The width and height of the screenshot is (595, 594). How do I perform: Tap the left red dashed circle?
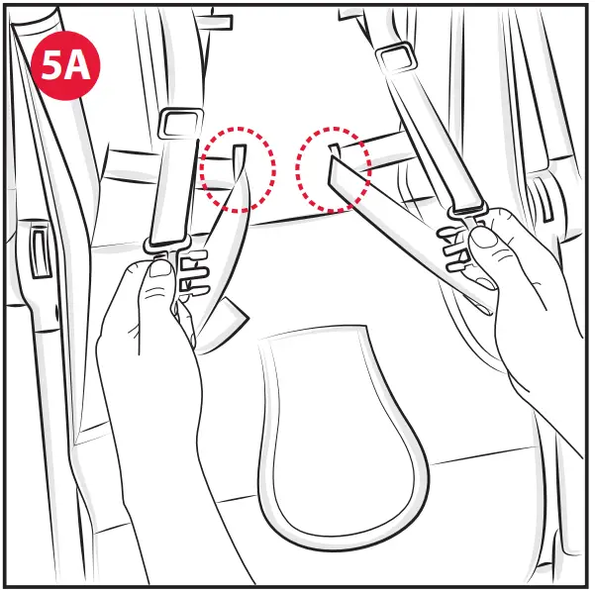click(238, 167)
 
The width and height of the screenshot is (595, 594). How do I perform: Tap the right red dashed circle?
click(335, 168)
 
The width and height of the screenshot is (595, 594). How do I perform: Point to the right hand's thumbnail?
click(484, 239)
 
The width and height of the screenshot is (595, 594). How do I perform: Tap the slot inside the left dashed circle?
click(239, 154)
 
